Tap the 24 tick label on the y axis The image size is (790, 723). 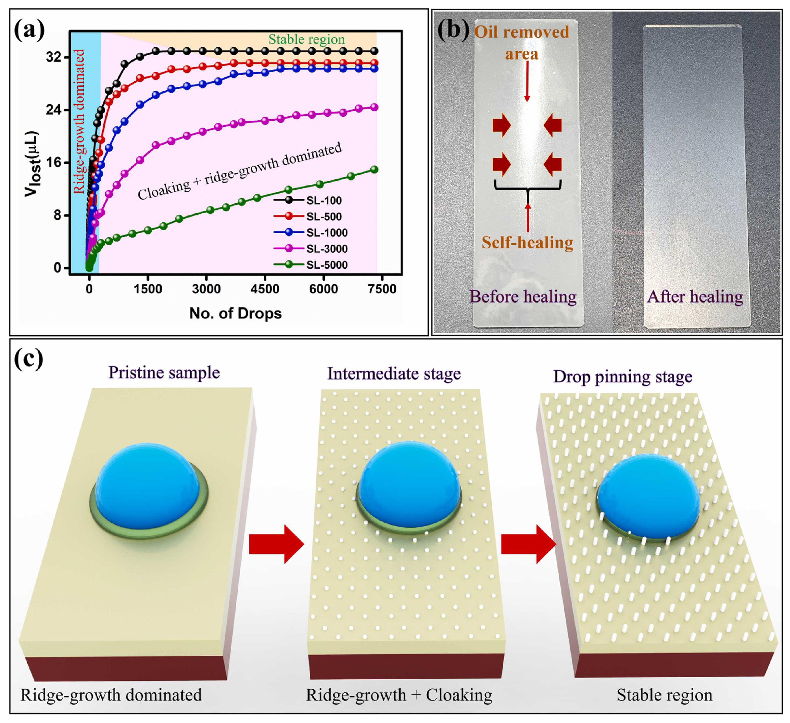point(54,110)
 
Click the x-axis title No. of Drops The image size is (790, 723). point(236,313)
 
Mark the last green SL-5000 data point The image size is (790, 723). point(374,169)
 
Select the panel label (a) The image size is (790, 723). point(29,31)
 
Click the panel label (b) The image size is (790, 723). point(452,31)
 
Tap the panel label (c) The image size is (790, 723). point(28,360)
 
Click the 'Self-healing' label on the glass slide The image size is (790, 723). point(527,243)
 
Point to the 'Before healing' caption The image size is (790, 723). point(523,297)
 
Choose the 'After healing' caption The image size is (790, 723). point(695,297)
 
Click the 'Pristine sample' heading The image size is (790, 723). point(164,373)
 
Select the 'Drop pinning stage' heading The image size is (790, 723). point(623,377)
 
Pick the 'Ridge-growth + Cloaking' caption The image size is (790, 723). point(399,695)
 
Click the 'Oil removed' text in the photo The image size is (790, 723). point(522,32)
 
